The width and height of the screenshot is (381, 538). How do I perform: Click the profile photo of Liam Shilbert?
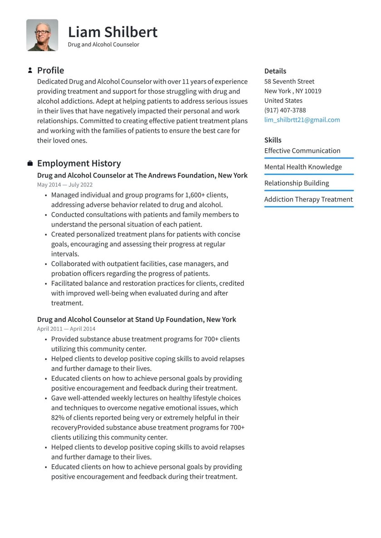pos(42,35)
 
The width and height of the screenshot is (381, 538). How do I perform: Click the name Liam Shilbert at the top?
pos(112,32)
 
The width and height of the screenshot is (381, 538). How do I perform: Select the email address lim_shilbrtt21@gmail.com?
pos(302,120)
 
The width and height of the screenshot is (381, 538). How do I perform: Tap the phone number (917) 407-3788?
pos(285,110)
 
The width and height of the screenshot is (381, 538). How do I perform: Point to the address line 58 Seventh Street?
pos(289,82)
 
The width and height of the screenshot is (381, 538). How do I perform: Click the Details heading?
pos(275,71)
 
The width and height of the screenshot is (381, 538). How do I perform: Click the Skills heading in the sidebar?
pos(273,140)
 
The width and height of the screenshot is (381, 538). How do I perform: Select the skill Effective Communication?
pos(302,150)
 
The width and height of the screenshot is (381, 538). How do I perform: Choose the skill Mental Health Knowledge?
pos(303,167)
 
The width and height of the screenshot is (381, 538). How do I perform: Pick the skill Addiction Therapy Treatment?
pos(308,199)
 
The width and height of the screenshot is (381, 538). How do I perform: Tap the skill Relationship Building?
pos(297,183)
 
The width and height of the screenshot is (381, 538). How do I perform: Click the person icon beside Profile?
pos(30,70)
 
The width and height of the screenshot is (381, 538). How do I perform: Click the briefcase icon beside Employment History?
pos(30,163)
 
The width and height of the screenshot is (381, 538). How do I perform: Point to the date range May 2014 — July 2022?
pos(65,185)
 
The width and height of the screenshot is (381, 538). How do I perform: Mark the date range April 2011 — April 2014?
pos(66,329)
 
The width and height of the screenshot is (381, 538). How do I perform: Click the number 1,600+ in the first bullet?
pos(197,195)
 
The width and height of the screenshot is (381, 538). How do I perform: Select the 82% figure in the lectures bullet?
pos(58,417)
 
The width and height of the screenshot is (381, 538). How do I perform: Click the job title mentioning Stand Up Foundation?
pos(137,320)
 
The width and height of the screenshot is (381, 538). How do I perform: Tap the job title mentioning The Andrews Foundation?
pos(142,175)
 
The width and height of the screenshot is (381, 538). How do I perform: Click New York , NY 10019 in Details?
pos(293,91)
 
